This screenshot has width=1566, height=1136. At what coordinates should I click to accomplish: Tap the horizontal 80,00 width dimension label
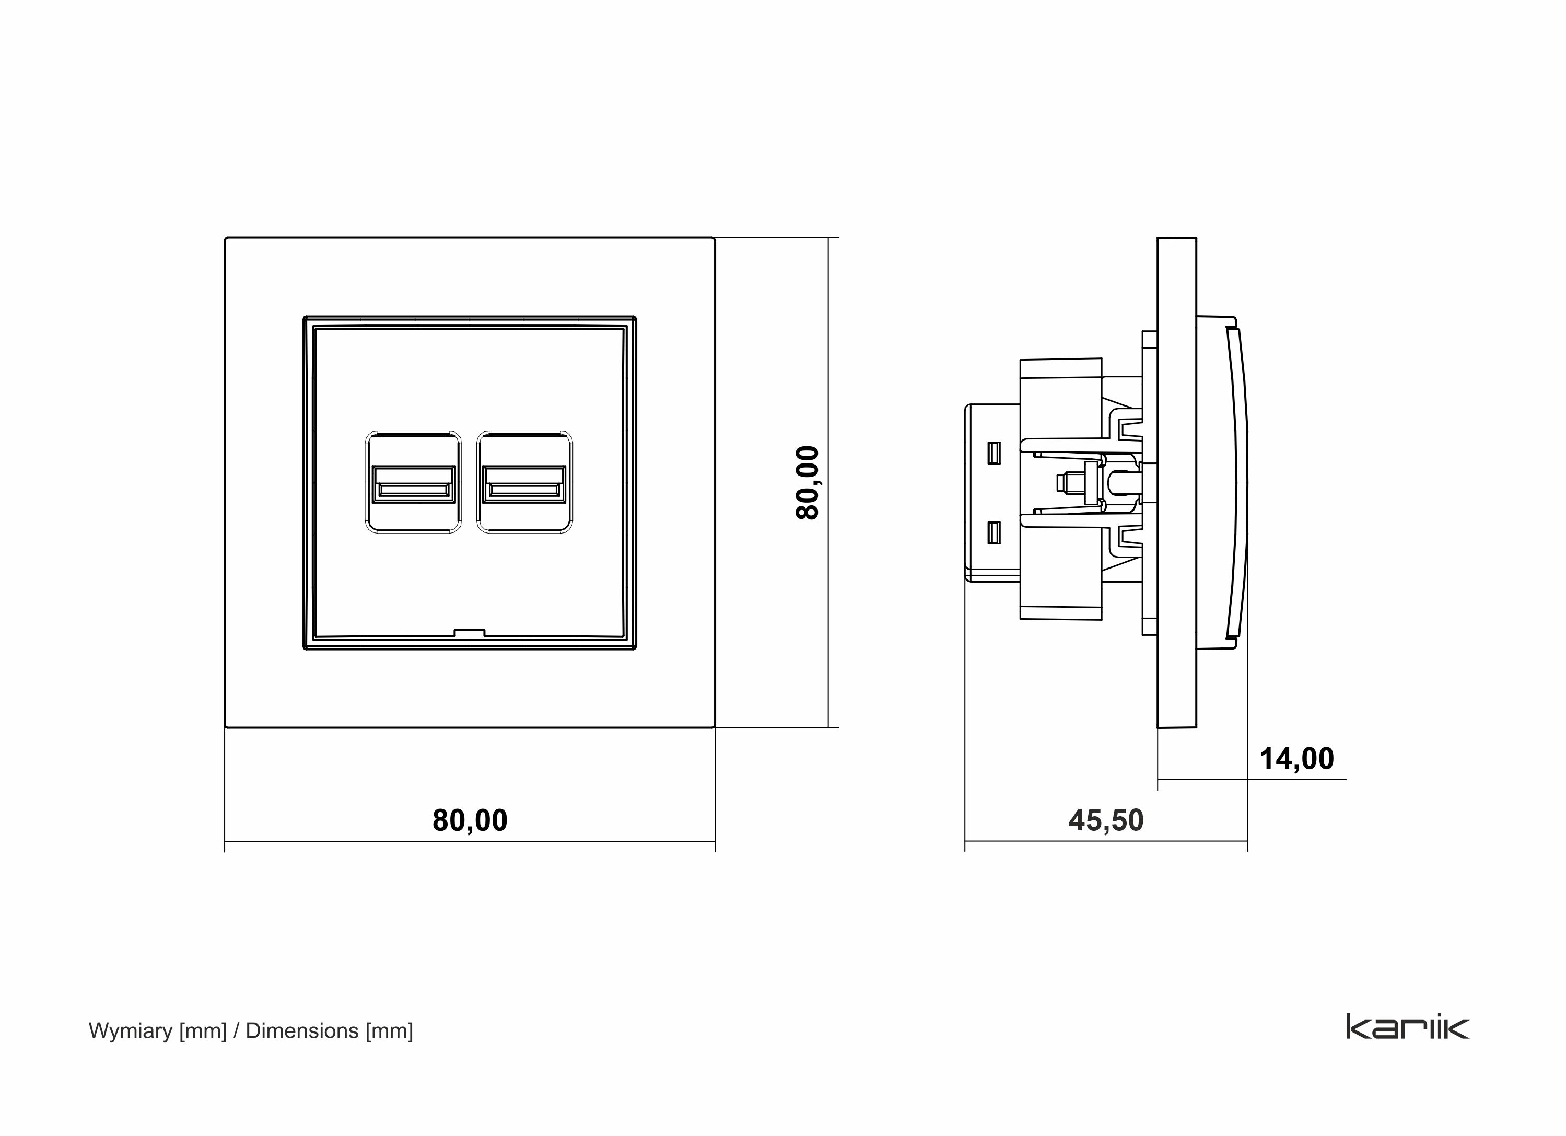tap(470, 820)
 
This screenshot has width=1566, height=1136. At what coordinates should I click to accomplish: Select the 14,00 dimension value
tap(1296, 759)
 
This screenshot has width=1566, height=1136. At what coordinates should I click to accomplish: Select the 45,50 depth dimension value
tap(1105, 820)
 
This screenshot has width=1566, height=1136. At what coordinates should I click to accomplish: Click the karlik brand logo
tap(1407, 1027)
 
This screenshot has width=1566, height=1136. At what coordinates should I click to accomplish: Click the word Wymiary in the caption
tap(131, 1031)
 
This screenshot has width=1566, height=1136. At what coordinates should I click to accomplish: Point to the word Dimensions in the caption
tap(302, 1031)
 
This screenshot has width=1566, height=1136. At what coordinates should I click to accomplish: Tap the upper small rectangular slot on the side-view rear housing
tap(994, 453)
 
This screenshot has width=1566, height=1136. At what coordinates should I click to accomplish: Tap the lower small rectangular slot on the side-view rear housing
tap(994, 532)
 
